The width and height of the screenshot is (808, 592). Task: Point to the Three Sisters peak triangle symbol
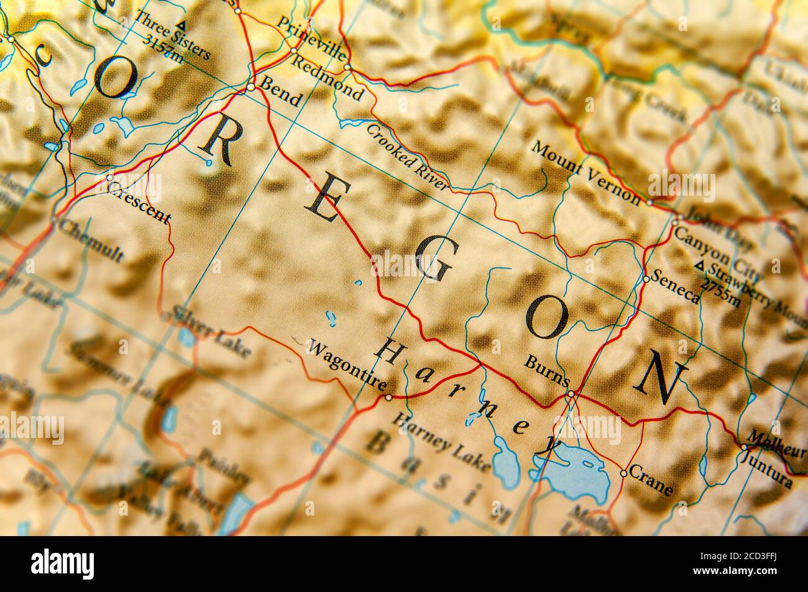click(x=181, y=25)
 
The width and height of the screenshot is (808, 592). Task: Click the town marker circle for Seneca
click(x=646, y=279)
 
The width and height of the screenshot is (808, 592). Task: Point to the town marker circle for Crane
click(x=623, y=473)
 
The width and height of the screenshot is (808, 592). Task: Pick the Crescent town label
click(x=139, y=204)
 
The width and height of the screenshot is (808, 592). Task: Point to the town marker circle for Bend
click(x=250, y=88)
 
